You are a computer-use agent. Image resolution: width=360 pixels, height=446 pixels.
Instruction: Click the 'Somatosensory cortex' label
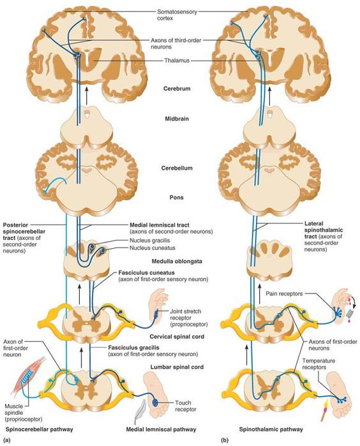(177, 15)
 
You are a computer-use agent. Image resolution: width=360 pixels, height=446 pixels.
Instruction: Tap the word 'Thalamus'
(177, 61)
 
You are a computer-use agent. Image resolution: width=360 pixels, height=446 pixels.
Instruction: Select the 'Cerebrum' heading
(177, 89)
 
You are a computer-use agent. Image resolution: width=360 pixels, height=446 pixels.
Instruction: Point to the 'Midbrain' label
(177, 119)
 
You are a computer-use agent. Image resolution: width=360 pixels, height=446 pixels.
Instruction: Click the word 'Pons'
(177, 197)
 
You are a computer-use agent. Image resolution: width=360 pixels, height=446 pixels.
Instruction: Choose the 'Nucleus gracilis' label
(150, 241)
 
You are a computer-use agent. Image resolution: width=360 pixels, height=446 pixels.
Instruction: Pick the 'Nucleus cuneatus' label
(153, 248)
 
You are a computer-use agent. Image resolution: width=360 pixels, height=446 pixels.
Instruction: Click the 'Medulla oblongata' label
(177, 261)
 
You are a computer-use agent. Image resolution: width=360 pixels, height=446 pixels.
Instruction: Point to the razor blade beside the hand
(350, 314)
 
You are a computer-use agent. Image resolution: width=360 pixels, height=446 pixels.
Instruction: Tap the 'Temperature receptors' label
(319, 364)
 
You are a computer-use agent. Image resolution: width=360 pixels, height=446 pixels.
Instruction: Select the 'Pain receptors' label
(284, 294)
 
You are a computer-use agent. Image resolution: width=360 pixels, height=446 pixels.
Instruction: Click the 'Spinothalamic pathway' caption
(271, 429)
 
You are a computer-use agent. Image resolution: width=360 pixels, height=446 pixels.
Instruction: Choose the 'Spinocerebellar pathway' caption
(39, 429)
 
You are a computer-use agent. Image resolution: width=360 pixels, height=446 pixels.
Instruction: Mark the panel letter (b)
(225, 440)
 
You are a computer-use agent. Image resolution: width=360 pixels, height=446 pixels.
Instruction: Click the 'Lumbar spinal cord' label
(177, 367)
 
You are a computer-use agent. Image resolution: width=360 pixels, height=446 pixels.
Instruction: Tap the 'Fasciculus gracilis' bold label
(134, 347)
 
